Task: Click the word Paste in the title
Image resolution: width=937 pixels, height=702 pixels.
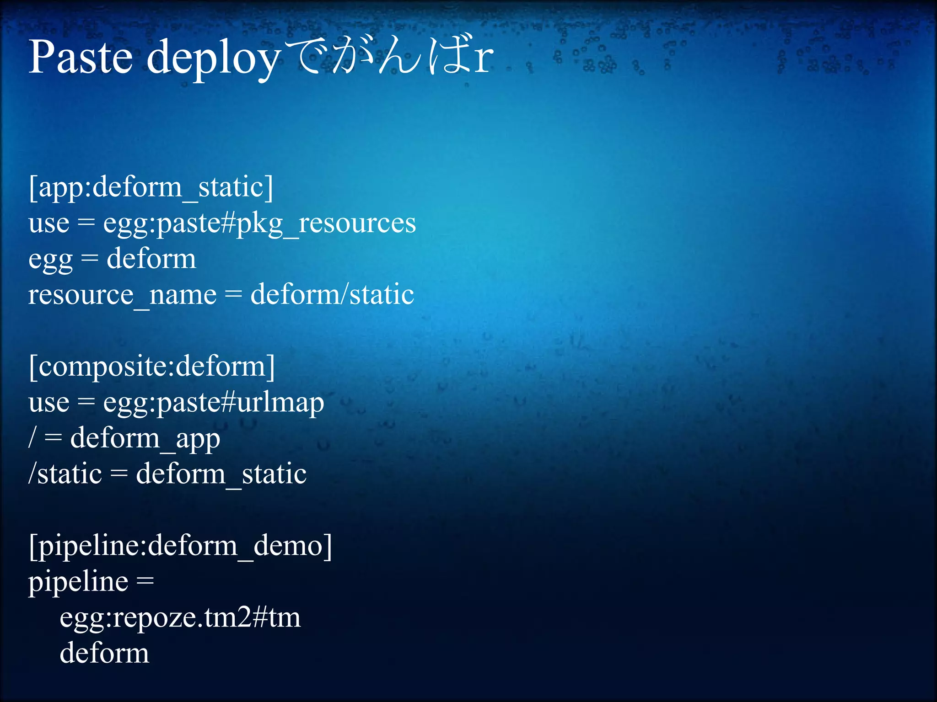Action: click(81, 57)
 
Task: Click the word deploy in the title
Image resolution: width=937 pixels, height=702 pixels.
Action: click(213, 59)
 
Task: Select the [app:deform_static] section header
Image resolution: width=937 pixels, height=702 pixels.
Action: click(151, 187)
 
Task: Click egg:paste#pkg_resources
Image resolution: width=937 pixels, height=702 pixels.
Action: click(259, 223)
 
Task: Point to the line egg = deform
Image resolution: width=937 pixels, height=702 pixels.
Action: click(112, 259)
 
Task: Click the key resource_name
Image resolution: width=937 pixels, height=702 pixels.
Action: click(122, 295)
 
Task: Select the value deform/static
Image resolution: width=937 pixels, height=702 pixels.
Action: click(332, 295)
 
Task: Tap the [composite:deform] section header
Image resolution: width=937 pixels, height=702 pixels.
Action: click(152, 367)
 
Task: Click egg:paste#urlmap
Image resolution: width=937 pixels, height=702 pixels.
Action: click(214, 403)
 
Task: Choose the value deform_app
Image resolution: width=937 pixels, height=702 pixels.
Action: click(145, 438)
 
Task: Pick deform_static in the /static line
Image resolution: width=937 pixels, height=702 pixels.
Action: click(221, 474)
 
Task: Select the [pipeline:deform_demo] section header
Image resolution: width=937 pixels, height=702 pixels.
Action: click(180, 546)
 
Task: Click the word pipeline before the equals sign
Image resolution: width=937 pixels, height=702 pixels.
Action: click(78, 582)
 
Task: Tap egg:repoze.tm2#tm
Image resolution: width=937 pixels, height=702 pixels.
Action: click(180, 617)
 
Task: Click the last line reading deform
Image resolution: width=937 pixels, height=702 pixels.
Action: click(104, 653)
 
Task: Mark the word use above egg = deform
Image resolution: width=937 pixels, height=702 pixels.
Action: click(49, 223)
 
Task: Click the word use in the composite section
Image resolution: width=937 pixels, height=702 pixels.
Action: click(49, 403)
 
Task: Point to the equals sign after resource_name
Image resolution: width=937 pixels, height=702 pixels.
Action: click(233, 295)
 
